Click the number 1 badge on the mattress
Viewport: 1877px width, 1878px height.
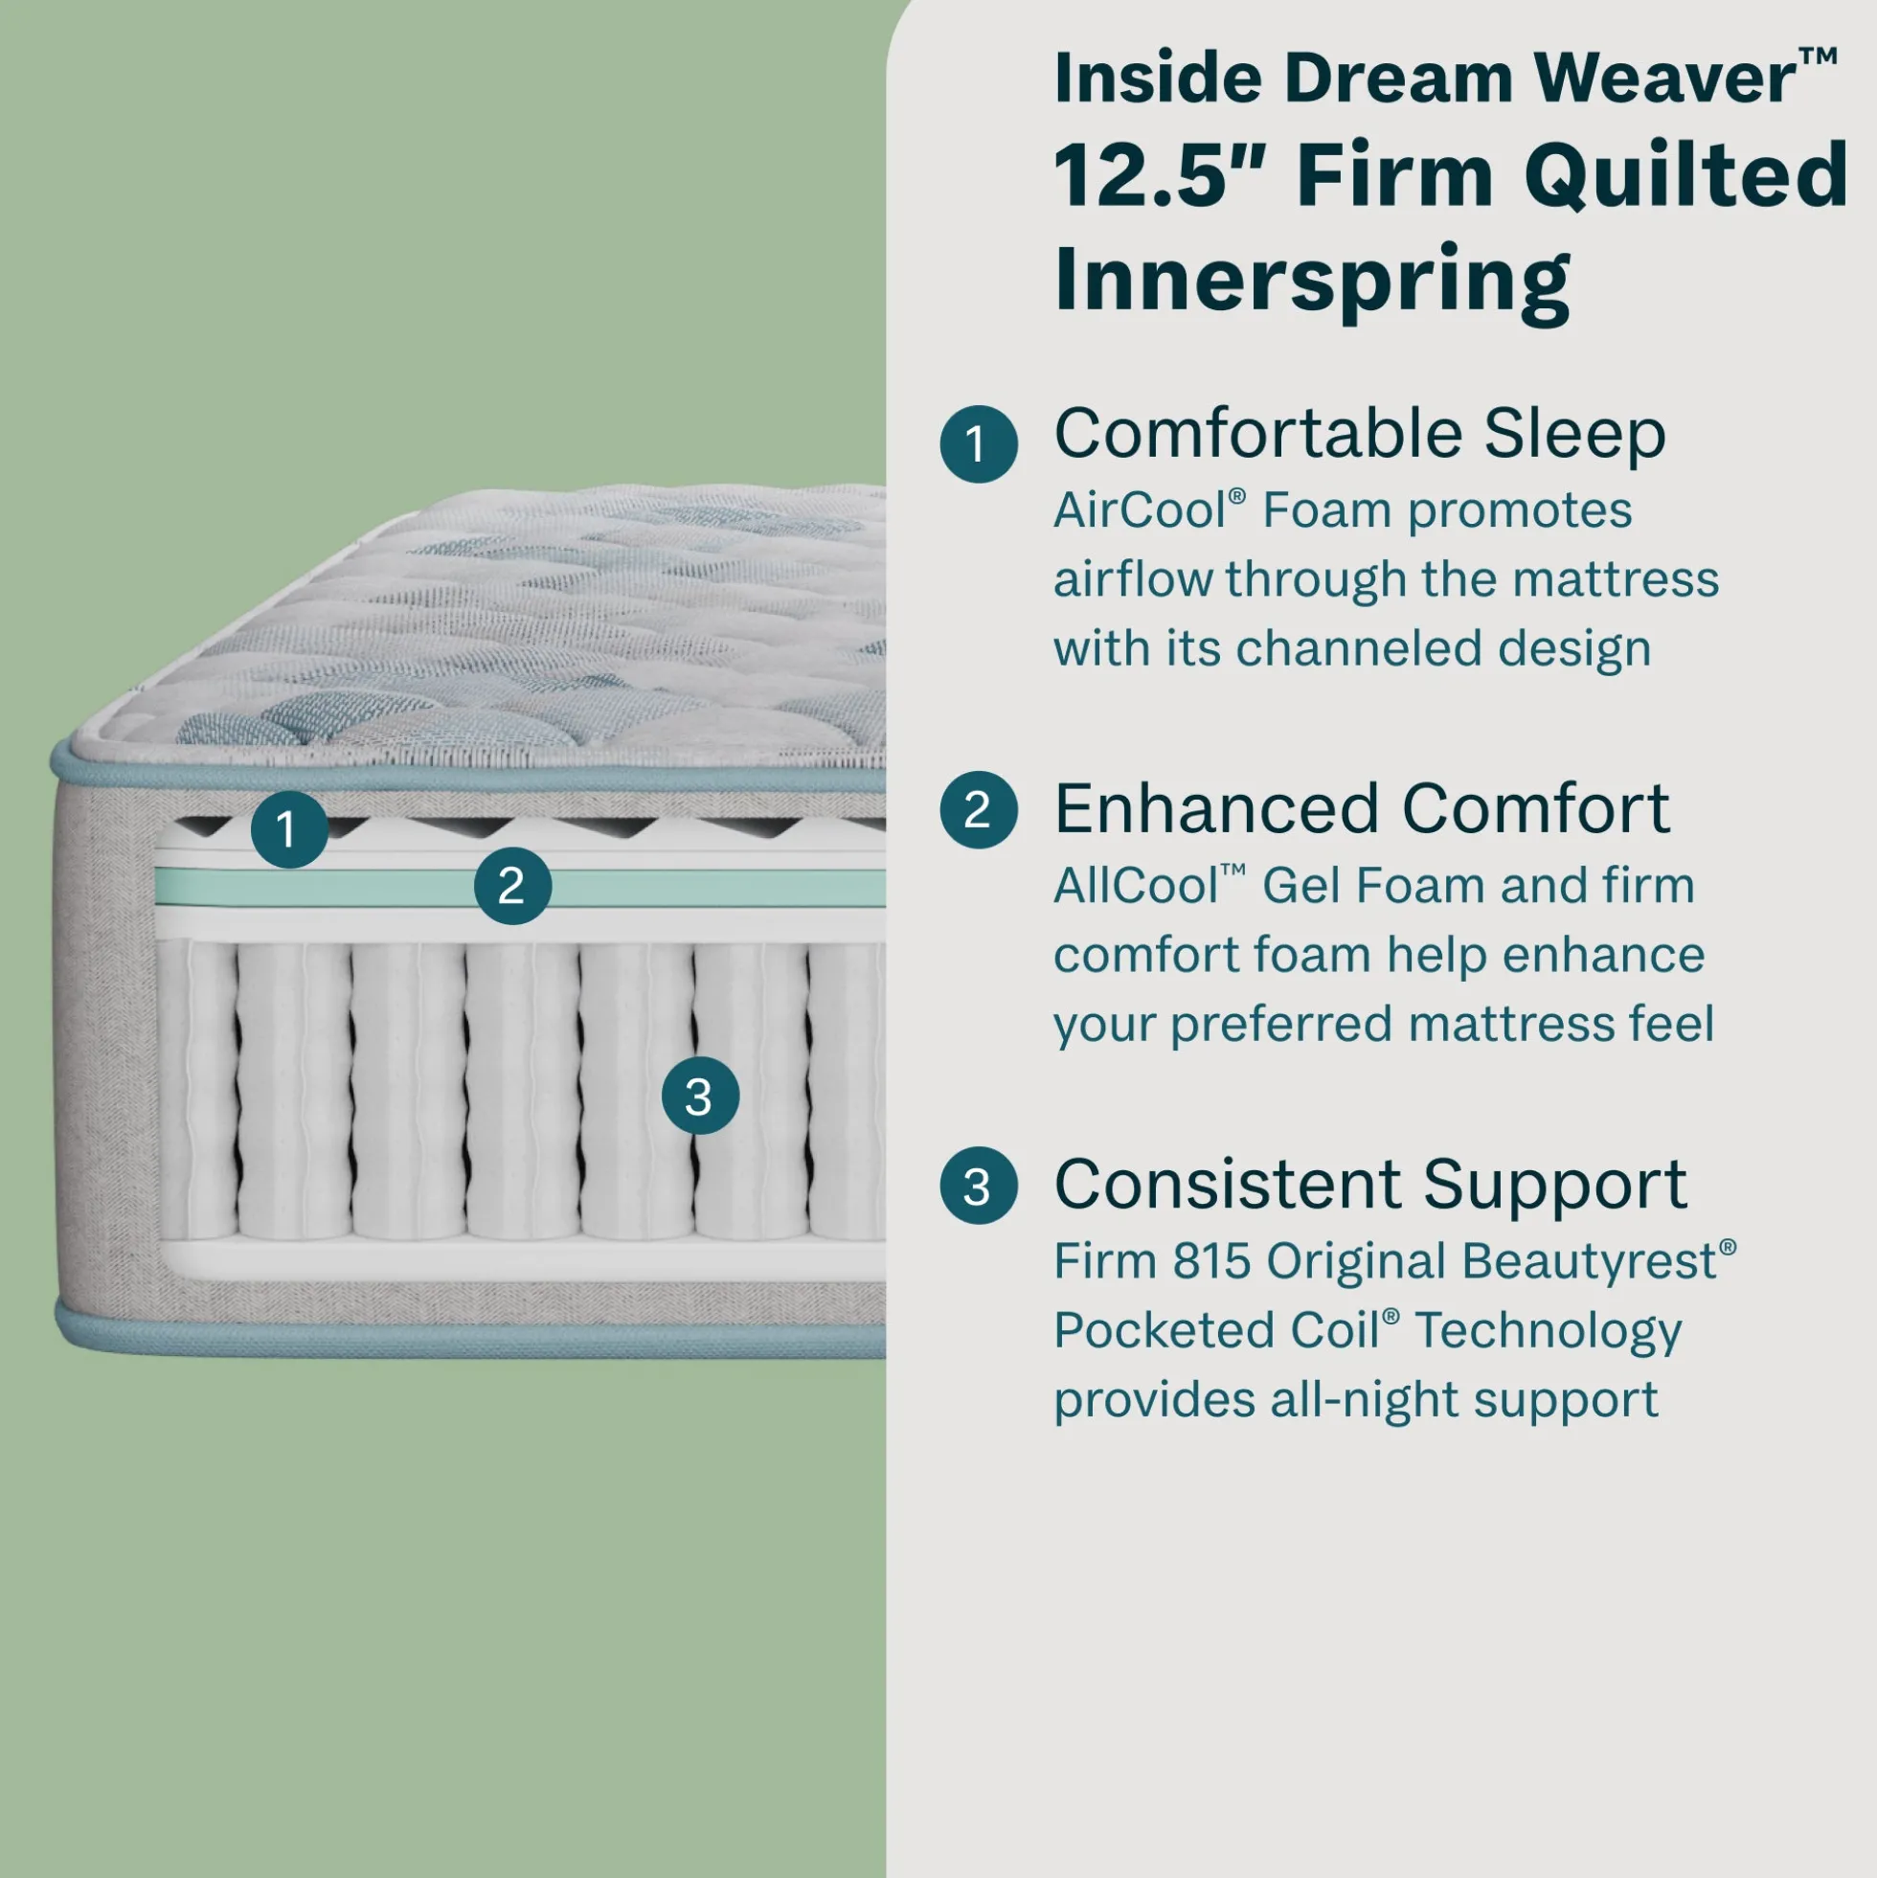click(288, 829)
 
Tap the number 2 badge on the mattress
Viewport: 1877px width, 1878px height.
click(512, 886)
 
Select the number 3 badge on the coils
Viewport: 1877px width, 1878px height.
click(700, 1096)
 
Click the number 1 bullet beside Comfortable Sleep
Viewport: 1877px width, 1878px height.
click(978, 444)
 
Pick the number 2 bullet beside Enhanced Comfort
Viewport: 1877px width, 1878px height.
click(978, 810)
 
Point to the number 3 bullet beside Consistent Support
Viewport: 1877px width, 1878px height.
click(978, 1186)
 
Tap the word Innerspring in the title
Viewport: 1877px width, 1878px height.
click(1311, 279)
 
